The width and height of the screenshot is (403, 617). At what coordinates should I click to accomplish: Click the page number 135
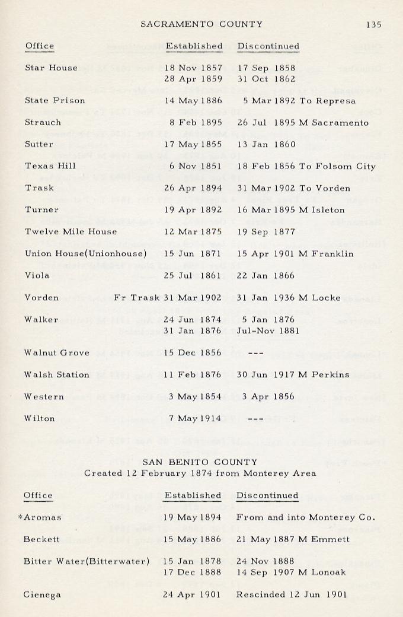[373, 24]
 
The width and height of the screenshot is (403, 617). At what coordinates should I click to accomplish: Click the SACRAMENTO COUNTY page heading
[201, 24]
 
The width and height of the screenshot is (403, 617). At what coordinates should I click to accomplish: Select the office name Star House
[51, 68]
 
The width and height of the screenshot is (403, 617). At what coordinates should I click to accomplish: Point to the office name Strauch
[43, 122]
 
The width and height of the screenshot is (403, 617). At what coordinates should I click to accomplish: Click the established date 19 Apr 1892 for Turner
[193, 209]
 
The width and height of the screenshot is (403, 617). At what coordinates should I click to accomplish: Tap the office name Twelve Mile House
[71, 231]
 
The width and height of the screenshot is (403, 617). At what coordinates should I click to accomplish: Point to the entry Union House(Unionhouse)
[85, 253]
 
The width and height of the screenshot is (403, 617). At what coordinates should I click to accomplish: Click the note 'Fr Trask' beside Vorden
[136, 297]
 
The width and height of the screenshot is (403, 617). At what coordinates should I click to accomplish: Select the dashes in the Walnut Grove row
[255, 352]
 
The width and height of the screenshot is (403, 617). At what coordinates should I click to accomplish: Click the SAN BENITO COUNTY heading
[200, 462]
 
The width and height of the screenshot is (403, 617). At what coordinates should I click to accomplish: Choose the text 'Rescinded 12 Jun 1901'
[291, 594]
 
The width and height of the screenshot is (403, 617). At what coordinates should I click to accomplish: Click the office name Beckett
[40, 539]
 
